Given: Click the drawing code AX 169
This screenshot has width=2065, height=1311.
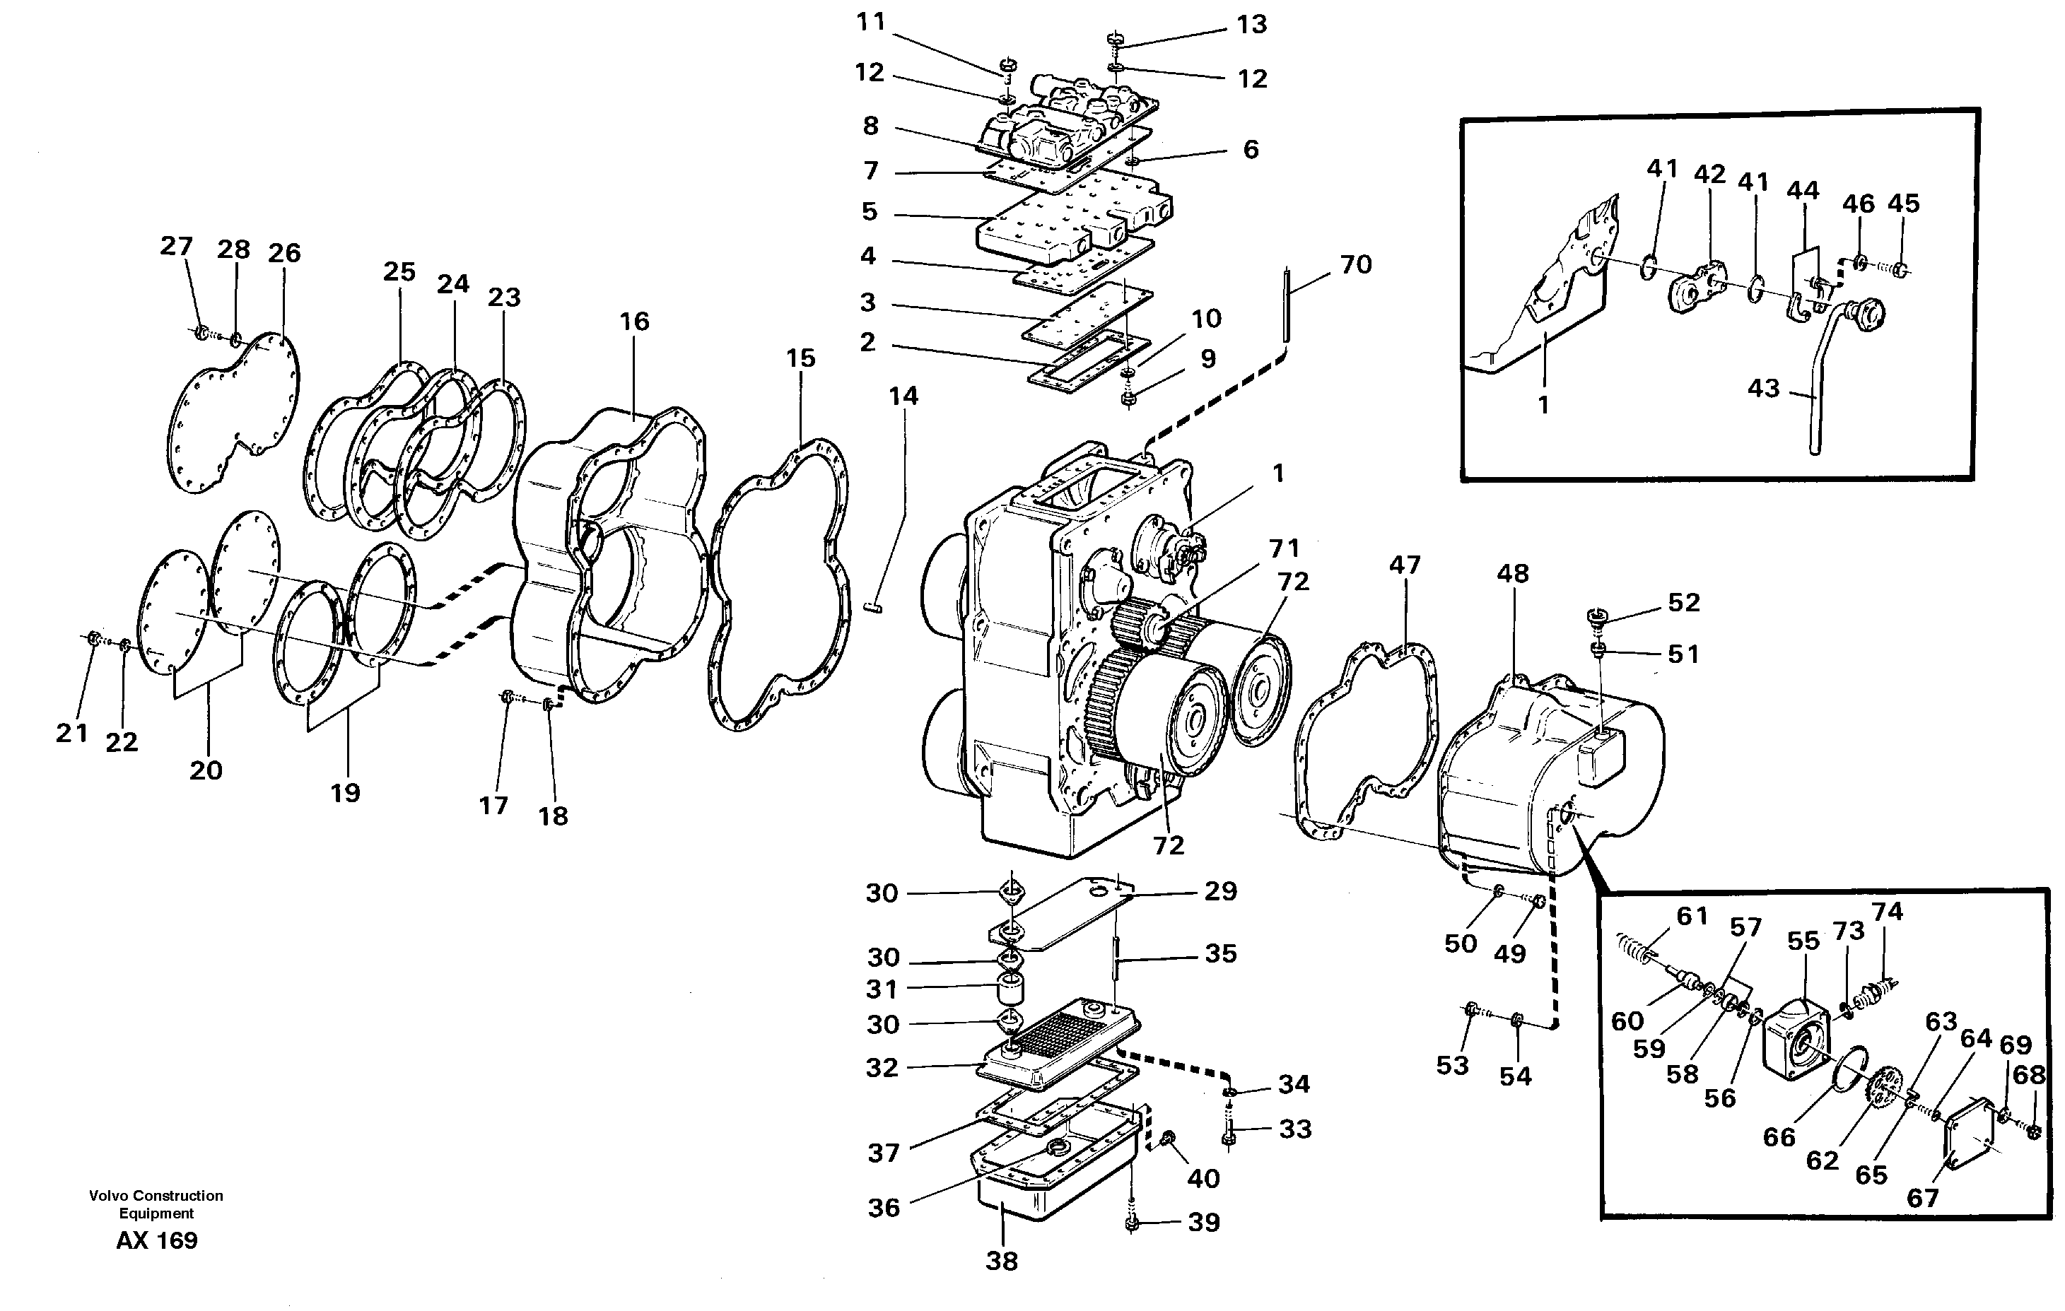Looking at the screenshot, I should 157,1241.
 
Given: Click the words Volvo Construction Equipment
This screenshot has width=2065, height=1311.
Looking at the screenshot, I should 156,1204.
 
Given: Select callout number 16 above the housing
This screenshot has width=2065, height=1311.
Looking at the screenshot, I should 635,322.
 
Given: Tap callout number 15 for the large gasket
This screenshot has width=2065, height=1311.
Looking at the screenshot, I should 800,358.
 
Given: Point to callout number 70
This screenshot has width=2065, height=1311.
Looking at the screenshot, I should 1356,265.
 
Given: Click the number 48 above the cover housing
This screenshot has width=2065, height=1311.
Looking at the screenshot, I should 1513,575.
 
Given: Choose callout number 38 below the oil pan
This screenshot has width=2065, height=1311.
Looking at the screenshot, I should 1002,1262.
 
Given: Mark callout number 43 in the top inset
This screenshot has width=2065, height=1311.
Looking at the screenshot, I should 1764,389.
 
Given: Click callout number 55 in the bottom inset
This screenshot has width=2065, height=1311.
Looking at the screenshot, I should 1803,941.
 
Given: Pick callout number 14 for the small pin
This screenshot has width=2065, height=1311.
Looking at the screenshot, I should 903,396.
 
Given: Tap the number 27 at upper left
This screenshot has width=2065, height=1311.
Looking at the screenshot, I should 176,246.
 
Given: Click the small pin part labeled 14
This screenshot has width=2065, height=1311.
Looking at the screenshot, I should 874,608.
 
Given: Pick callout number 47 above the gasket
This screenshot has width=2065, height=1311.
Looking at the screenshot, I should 1405,565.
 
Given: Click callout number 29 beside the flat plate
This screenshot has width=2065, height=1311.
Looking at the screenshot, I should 1220,892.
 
